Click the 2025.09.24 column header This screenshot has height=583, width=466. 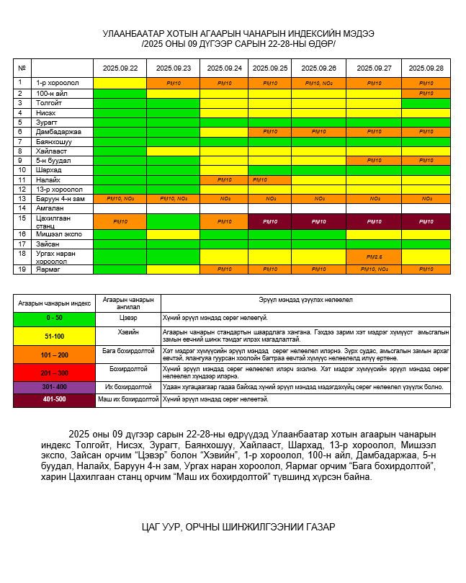click(x=224, y=68)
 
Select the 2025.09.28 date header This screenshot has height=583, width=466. click(x=426, y=68)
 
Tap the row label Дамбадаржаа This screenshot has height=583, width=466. click(x=59, y=132)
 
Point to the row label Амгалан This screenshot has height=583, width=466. click(x=50, y=208)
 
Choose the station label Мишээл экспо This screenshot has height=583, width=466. click(x=60, y=234)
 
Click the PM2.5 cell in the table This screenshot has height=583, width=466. click(x=373, y=257)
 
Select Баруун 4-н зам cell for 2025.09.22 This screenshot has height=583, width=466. click(x=120, y=198)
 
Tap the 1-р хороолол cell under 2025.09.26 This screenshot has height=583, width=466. click(x=318, y=84)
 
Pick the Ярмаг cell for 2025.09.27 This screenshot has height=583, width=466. click(x=373, y=270)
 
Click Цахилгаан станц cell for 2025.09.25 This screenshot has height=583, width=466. click(x=270, y=221)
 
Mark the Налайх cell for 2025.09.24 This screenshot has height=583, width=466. click(x=224, y=179)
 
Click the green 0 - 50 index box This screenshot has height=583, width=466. click(x=54, y=317)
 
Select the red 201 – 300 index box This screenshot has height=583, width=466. click(x=54, y=373)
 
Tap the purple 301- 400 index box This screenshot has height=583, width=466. click(x=54, y=387)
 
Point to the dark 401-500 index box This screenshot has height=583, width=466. click(x=54, y=399)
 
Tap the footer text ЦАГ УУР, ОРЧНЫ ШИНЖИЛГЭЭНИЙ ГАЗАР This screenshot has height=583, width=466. click(x=238, y=527)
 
